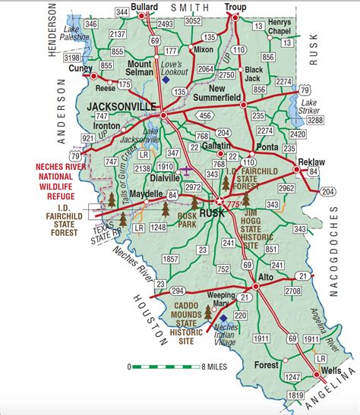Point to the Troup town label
[236, 7]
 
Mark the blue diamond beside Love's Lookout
[166, 79]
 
